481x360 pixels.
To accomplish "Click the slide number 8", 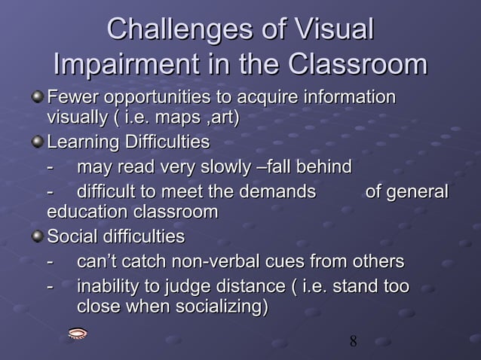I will (353, 343).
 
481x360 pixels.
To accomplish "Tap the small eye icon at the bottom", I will (78, 334).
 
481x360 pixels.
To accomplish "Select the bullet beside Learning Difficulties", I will (38, 142).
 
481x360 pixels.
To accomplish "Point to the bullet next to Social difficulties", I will (38, 237).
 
